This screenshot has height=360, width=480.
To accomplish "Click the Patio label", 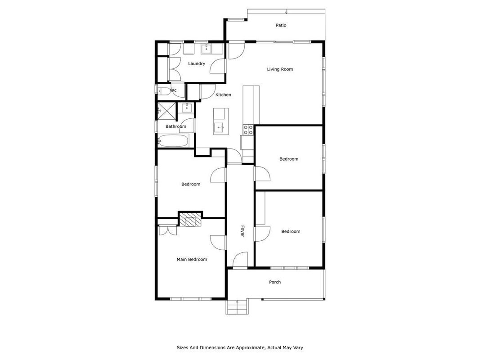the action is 281,25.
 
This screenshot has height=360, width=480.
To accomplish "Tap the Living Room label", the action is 280,69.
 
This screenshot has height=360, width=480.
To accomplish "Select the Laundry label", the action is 197,63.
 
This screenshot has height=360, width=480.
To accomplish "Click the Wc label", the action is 173,90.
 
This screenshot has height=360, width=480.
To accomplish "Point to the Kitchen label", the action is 223,95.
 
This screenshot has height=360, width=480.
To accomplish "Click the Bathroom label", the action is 176,126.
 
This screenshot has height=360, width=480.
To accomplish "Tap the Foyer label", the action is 242,231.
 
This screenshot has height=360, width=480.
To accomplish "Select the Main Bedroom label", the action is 192,259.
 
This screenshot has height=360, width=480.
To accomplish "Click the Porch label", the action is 274,282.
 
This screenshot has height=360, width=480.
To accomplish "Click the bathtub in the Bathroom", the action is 172,141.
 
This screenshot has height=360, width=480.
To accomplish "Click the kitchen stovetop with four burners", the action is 248,130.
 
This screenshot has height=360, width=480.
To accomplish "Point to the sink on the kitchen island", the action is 219,127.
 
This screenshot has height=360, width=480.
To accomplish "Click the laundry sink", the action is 206,49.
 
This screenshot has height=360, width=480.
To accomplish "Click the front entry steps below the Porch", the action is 237,307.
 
